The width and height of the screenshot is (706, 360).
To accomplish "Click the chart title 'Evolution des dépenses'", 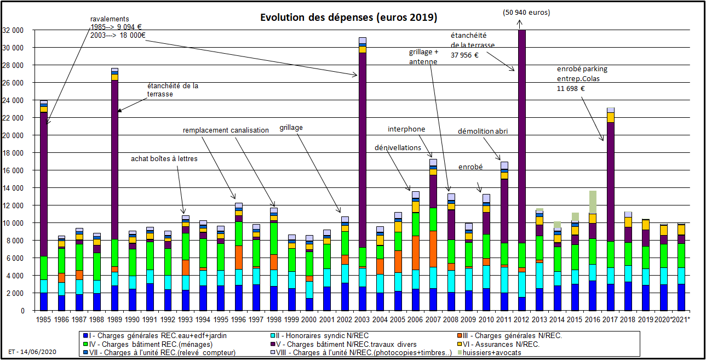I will tap(348, 18).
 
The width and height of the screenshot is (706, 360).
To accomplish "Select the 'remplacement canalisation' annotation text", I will tap(226, 130).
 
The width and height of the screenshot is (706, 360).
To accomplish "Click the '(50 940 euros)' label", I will tap(526, 12).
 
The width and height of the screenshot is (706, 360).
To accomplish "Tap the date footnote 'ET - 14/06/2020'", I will tap(33, 352).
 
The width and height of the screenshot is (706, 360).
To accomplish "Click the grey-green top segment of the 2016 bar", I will tap(593, 202).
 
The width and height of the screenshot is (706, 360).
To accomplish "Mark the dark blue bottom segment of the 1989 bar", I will tap(114, 298).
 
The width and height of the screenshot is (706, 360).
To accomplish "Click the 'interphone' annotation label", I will tap(406, 129).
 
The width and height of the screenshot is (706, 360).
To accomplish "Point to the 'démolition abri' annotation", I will tap(483, 131).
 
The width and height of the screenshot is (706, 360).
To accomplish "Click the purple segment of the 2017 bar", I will tap(610, 181).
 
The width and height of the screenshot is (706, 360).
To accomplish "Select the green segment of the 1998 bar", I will tap(273, 238).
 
